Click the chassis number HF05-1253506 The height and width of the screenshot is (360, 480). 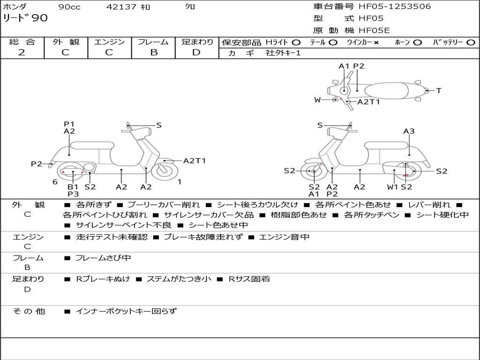coord(395,7)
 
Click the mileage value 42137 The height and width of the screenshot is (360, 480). coord(121,7)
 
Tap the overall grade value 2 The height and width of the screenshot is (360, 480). coord(22,52)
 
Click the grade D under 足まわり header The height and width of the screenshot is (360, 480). coord(196,52)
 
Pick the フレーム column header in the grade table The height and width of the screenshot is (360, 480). coord(153,42)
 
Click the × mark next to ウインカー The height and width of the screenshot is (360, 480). coord(376,42)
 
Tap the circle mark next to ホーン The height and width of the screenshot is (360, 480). coord(418,42)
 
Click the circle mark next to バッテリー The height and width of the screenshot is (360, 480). coord(471,42)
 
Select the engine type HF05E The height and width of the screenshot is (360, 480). coord(374,30)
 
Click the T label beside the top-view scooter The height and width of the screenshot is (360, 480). coord(439,90)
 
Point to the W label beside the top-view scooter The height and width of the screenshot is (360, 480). coord(317,100)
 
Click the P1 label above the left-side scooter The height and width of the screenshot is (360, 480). coord(69,124)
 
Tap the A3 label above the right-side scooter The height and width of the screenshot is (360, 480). coord(409,131)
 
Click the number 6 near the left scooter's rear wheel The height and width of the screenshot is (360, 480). coord(55,182)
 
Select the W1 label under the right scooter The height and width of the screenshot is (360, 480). coord(392,187)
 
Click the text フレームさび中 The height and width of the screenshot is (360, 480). coord(103,258)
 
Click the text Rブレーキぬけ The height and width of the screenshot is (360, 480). coord(103,279)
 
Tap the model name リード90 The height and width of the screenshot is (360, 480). coord(25,18)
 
